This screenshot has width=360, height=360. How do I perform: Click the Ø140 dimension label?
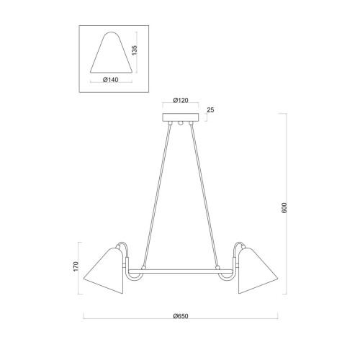[111, 80]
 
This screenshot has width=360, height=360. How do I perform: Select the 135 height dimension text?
[135, 50]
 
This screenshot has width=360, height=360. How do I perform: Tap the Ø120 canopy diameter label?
[181, 100]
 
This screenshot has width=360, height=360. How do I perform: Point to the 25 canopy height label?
[210, 110]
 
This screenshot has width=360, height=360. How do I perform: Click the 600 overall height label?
[284, 208]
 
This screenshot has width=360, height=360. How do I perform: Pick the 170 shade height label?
[76, 266]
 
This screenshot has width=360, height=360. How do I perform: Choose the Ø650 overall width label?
[181, 316]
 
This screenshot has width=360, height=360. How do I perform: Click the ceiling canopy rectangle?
[181, 117]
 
